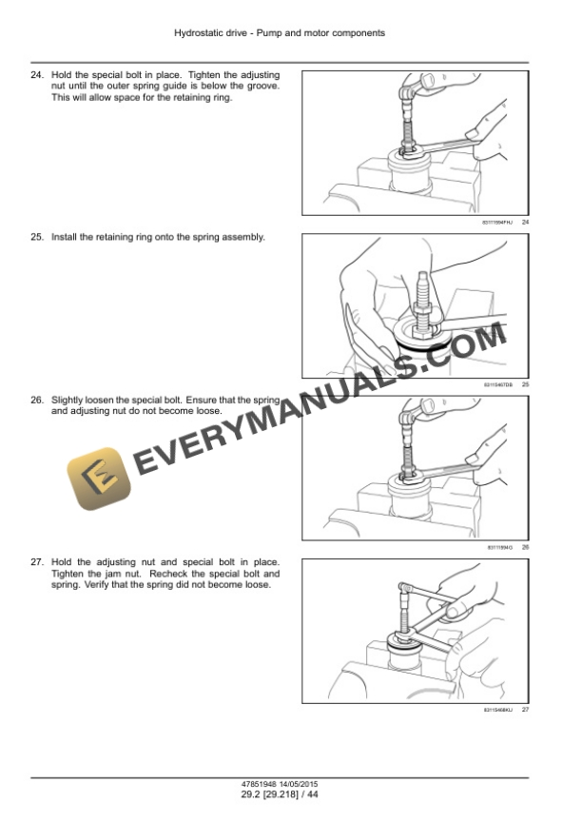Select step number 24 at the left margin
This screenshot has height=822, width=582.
pos(37,75)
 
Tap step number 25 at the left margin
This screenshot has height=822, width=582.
pos(37,237)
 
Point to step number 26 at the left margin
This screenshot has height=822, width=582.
pos(37,401)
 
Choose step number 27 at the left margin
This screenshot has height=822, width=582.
pos(37,564)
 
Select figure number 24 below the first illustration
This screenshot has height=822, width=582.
pos(525,222)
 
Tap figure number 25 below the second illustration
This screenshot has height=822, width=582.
pos(525,384)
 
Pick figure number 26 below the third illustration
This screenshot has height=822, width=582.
pos(525,547)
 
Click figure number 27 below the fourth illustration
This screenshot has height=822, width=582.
pos(525,710)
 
